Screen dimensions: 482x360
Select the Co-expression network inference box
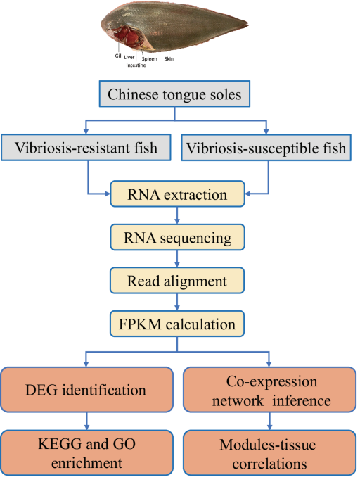point(267,389)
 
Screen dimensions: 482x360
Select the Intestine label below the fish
point(136,65)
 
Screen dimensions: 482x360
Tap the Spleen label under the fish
point(150,60)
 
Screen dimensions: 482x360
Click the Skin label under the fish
point(169,60)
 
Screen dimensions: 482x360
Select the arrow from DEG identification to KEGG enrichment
point(86,422)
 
